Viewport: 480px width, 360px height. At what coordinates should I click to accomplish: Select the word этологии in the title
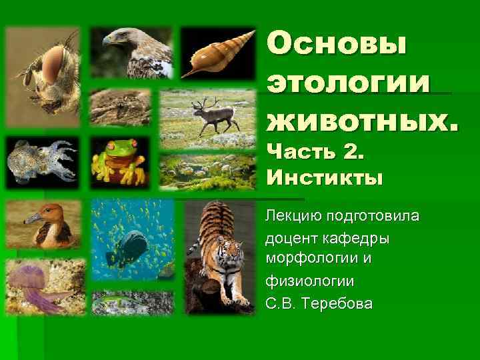[x=349, y=84]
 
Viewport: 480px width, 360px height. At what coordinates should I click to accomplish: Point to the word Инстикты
[x=325, y=178]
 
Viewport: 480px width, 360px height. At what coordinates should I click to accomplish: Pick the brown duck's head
[x=38, y=215]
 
